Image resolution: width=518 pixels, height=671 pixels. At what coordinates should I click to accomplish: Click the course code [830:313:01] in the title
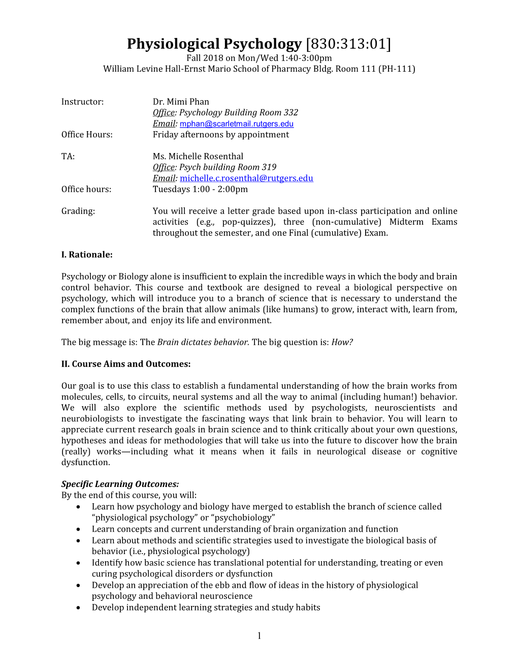click(348, 44)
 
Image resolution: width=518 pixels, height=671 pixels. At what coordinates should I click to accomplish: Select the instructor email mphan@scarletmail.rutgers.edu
click(236, 124)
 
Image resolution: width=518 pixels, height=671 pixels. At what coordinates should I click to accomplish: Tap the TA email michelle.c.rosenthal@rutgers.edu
click(246, 178)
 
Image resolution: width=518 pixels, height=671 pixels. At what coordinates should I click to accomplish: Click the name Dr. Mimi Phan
click(181, 102)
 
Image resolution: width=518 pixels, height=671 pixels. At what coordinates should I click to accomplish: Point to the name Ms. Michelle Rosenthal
click(198, 156)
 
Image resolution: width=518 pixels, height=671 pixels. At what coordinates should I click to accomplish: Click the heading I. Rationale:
click(87, 255)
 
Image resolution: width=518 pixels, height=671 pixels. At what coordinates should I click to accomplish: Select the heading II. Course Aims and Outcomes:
click(126, 364)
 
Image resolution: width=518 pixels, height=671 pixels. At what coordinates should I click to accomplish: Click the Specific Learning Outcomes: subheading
click(120, 484)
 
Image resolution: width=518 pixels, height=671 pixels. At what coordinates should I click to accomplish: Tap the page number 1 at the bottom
click(259, 635)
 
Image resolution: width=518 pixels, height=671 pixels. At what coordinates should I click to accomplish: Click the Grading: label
click(78, 211)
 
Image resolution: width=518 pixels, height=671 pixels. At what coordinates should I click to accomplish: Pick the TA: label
click(68, 156)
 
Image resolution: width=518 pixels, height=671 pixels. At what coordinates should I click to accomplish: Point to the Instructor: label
click(82, 102)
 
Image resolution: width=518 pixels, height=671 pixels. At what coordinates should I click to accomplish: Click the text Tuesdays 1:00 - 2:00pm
click(200, 189)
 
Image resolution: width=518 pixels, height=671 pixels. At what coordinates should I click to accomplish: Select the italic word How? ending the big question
click(342, 342)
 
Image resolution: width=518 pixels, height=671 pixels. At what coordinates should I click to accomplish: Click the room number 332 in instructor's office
click(291, 112)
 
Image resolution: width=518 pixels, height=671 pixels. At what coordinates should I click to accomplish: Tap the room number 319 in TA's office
click(269, 167)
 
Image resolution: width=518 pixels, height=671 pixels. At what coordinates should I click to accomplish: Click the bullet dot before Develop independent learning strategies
click(78, 607)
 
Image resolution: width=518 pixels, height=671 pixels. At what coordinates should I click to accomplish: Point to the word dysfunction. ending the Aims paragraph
click(85, 462)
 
